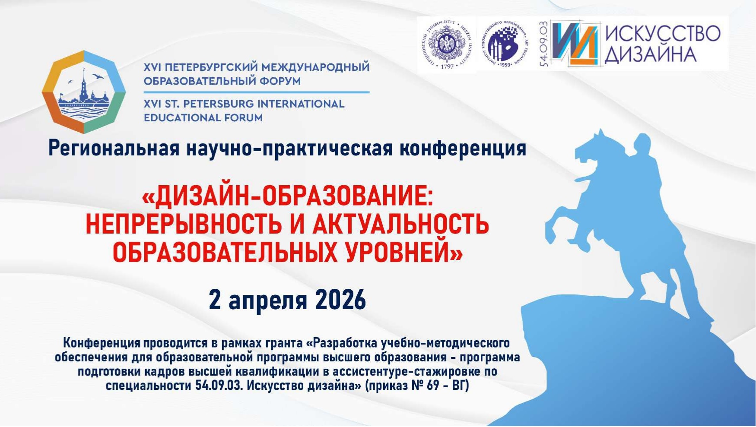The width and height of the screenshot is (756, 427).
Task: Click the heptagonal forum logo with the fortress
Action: click(84, 92)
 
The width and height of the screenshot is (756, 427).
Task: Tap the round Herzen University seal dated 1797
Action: click(446, 44)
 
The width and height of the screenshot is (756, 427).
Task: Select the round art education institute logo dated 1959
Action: click(505, 44)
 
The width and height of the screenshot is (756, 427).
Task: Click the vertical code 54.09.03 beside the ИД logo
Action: click(543, 44)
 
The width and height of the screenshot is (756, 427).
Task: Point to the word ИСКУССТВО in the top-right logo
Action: click(662, 33)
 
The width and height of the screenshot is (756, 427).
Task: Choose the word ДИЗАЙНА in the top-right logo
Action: click(650, 55)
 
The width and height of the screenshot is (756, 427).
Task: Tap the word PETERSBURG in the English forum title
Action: click(219, 104)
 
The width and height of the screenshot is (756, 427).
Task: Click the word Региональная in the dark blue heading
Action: click(114, 148)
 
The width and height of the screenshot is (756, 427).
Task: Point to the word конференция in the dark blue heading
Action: click(463, 148)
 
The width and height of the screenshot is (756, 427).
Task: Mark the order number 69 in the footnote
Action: click(433, 385)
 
